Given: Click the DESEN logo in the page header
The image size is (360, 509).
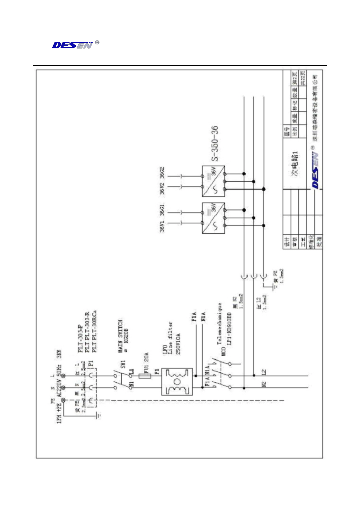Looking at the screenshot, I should pos(73,45).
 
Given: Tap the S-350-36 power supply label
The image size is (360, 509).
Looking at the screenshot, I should pos(214,144).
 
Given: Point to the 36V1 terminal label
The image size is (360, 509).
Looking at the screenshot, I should pos(162,226).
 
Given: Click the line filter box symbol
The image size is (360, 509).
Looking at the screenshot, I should pos(177,381).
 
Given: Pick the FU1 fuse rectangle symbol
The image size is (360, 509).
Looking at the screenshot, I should pos(145,376).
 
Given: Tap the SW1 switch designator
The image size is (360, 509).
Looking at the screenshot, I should pos(123,364).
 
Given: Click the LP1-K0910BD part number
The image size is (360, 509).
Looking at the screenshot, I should pos(229,329).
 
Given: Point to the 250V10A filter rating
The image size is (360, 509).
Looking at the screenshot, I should pos(178,344).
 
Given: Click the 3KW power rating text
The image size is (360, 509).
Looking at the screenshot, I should pos(59,354).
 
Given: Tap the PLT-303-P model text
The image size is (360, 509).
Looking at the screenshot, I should pos(80,339).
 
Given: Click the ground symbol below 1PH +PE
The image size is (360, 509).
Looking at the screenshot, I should pos(98,415).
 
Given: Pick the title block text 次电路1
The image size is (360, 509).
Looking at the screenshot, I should pos(295,163).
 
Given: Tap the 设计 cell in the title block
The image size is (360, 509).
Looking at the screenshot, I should pos(287,242).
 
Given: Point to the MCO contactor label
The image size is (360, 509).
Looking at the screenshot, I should pos(224,352).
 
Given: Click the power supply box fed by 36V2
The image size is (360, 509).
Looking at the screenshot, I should pos(213,181).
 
